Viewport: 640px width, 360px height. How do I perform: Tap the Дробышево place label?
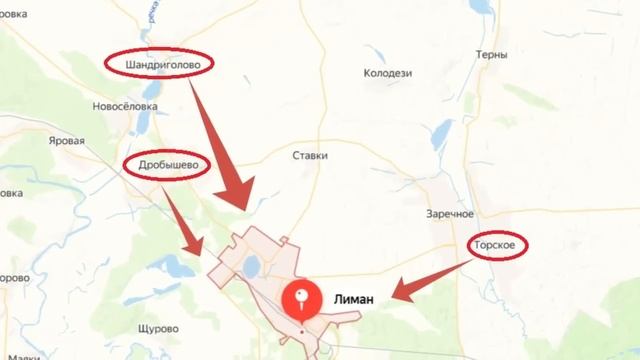pyautogui.click(x=166, y=166)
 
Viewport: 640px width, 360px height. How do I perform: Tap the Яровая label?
pyautogui.click(x=67, y=142)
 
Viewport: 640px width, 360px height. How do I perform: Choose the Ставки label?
pyautogui.click(x=310, y=156)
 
